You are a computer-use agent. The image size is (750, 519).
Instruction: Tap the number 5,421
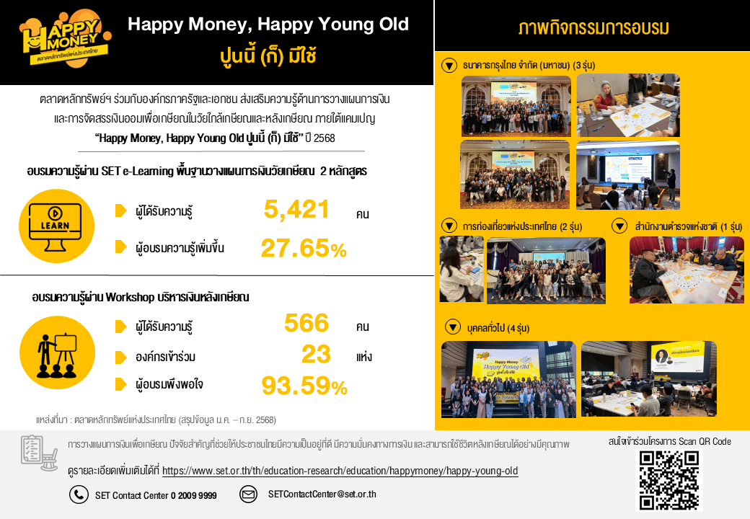tap(296, 210)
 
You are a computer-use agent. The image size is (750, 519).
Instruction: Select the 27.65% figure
tap(303, 249)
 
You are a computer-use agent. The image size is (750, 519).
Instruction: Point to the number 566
tap(306, 324)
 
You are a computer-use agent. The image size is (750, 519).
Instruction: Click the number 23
tap(316, 355)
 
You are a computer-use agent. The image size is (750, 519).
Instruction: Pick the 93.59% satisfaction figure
tap(304, 386)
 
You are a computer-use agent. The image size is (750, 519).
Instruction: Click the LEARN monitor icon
tap(55, 224)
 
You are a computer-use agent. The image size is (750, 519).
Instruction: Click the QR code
tap(669, 480)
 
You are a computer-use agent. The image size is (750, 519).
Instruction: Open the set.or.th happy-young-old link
tap(340, 471)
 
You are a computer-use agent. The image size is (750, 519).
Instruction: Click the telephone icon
tap(78, 494)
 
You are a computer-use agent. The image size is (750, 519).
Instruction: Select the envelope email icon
tap(248, 494)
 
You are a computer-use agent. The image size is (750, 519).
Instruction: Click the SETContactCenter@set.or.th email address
tap(322, 494)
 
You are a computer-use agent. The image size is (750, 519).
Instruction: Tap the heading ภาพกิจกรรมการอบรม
tap(592, 29)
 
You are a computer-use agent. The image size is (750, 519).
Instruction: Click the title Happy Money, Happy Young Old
tap(268, 25)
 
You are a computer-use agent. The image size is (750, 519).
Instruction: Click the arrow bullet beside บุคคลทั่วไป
tap(454, 327)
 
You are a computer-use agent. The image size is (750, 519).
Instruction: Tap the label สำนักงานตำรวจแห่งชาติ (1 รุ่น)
tap(688, 226)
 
